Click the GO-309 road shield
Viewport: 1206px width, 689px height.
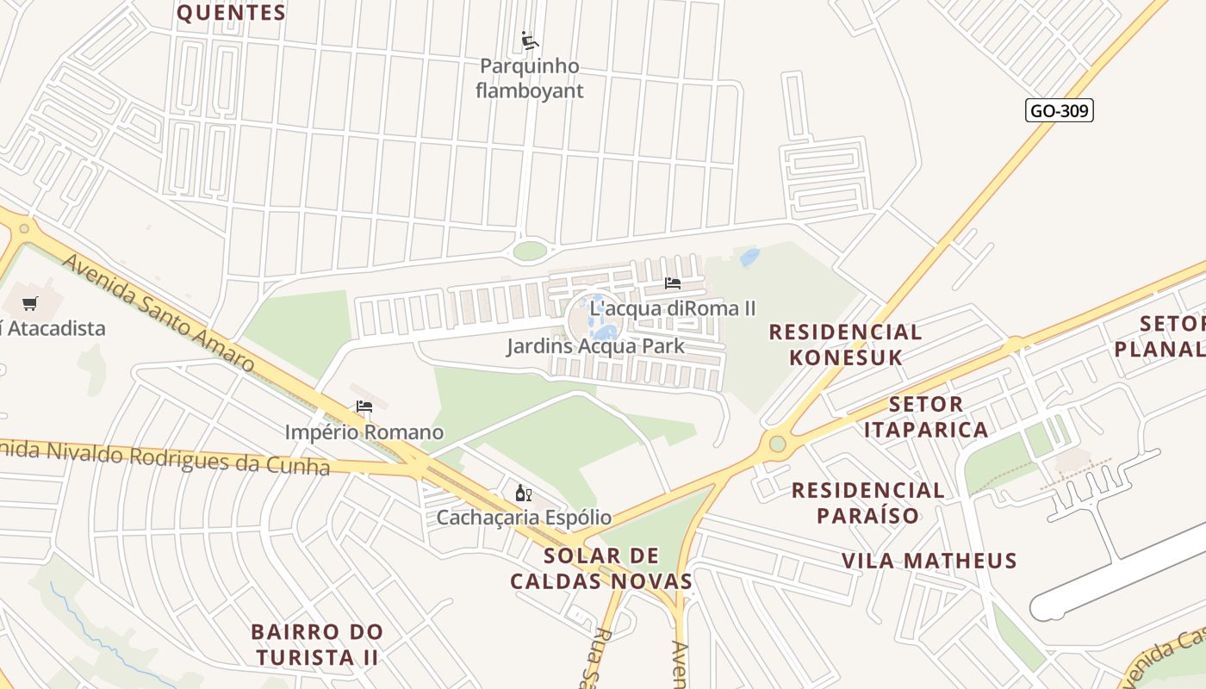(1059, 110)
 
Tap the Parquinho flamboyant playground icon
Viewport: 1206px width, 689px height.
(530, 40)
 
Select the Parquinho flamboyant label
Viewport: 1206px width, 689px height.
(530, 78)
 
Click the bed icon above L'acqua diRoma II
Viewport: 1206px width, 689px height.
(673, 282)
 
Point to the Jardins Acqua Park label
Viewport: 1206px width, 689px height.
(595, 346)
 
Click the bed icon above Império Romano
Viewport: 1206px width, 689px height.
(364, 407)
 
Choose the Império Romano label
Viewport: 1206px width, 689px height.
(364, 432)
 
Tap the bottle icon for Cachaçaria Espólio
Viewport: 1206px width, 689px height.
(523, 493)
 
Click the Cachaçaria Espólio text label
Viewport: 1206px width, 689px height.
(524, 518)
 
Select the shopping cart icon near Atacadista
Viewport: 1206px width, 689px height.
(30, 303)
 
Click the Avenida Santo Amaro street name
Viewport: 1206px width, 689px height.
(159, 314)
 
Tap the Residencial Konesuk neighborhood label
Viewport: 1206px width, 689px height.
(844, 344)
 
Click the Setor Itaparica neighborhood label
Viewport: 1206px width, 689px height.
(926, 417)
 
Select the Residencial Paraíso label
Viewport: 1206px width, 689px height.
(867, 503)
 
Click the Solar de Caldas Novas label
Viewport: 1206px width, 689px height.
(601, 568)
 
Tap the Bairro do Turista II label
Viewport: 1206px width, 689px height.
(316, 644)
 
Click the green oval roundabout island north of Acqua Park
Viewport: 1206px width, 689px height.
(530, 251)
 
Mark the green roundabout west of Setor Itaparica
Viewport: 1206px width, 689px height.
(778, 444)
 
